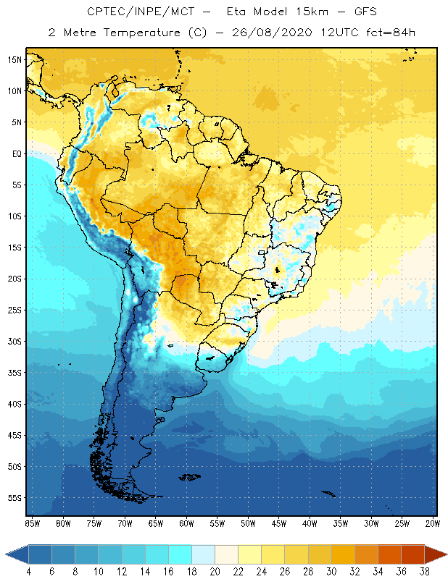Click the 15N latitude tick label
coord(15,59)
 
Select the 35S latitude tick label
coord(15,373)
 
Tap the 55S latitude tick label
coord(15,498)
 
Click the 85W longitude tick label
coord(32,523)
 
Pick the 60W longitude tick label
coord(186,523)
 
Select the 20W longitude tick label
coord(433,523)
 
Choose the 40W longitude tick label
coord(310,523)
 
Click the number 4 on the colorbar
coord(29,572)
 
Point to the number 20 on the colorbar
coord(215,572)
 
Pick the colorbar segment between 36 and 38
coord(412,554)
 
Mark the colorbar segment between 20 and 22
coord(226,554)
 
